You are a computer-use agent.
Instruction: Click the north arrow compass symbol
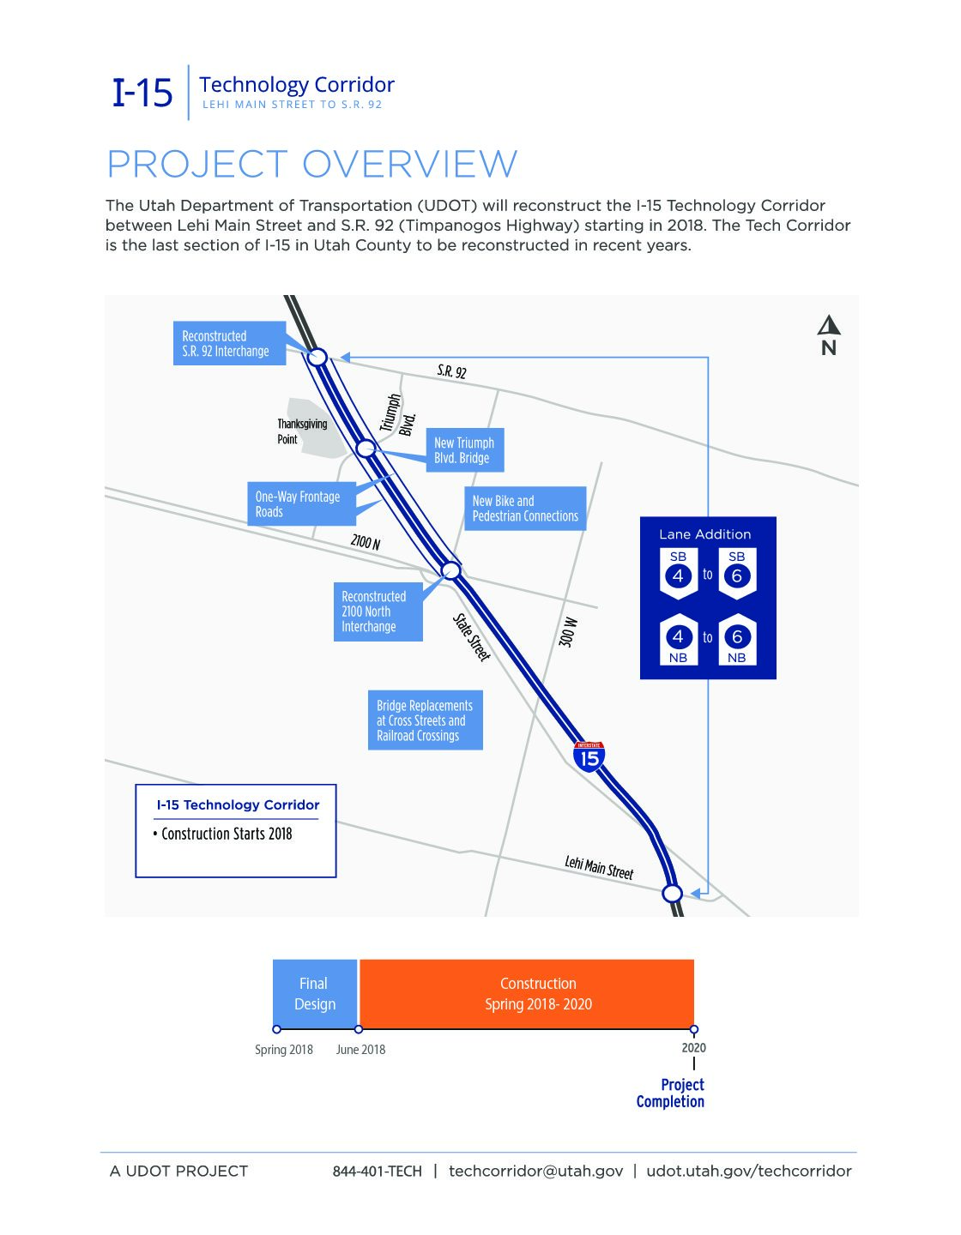click(828, 335)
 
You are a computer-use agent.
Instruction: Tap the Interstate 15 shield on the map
click(589, 756)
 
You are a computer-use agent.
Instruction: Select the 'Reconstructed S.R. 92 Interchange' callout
click(229, 343)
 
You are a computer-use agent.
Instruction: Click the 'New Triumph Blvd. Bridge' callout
click(464, 450)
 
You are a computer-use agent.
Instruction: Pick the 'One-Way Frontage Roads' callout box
click(301, 504)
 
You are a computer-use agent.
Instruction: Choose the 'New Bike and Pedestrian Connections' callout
click(525, 509)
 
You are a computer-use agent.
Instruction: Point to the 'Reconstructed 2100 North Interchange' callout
click(378, 611)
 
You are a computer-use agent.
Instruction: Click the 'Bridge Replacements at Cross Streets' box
click(425, 720)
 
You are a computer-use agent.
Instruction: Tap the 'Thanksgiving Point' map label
click(301, 431)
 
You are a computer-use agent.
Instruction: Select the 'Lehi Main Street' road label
click(599, 868)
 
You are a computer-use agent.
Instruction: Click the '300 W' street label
click(568, 632)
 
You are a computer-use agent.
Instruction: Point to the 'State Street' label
click(471, 637)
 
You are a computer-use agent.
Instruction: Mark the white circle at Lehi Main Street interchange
click(673, 894)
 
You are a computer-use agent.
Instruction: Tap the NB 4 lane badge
click(678, 641)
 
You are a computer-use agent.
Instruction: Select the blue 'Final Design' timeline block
click(315, 993)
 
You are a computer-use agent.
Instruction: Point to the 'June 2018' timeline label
click(360, 1050)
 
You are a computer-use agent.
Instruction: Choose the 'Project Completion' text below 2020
click(671, 1093)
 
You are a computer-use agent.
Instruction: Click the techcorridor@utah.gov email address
click(535, 1172)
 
